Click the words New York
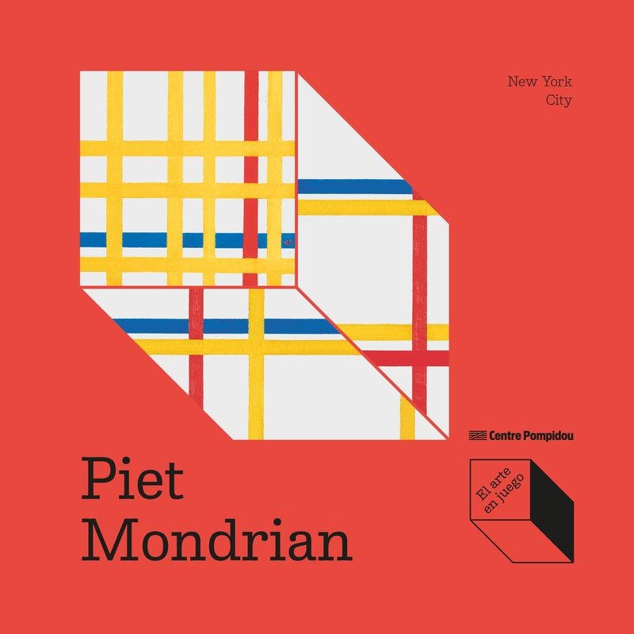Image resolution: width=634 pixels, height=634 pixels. coord(540,82)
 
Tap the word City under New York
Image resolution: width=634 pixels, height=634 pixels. coord(559,101)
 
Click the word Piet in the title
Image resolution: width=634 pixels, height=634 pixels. coord(132,479)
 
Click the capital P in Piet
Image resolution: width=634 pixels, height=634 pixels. coord(99,479)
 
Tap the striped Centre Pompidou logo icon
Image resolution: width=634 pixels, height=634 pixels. coord(478,434)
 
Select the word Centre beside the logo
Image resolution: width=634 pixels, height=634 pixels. coord(504,434)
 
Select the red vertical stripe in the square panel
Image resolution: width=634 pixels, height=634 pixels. coord(250,174)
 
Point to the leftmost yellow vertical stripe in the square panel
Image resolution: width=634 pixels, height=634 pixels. coord(114,174)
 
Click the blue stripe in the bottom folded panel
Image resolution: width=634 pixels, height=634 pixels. coord(230,326)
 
